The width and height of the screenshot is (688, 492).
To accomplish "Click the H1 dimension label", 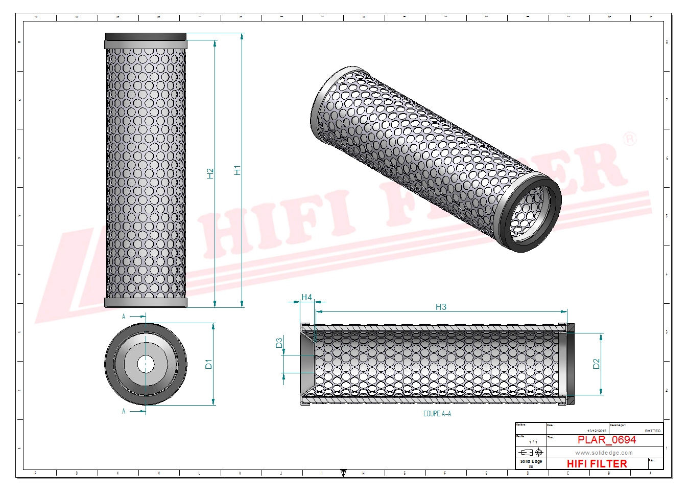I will coord(237,170).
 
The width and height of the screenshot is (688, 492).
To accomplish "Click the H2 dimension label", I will coord(210,173).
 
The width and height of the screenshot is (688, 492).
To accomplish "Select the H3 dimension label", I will coord(441,307).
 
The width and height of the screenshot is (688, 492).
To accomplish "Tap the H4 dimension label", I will coord(306,297).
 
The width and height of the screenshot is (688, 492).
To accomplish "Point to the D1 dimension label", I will coord(208,364).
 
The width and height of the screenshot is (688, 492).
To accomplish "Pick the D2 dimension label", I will coord(596,364).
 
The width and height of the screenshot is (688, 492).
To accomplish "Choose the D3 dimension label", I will coord(279,343).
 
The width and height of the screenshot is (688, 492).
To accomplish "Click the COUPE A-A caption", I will coord(437,414).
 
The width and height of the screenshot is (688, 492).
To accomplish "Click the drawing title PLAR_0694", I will coord(606,440).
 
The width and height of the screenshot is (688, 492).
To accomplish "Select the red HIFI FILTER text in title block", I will coord(597,464).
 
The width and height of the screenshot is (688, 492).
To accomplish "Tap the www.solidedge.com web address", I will coord(604,453).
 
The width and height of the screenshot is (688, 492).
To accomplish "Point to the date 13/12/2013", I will coord(597,431).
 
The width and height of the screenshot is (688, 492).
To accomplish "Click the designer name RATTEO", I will coord(652,431).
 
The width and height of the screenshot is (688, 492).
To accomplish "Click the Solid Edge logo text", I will coord(531,461).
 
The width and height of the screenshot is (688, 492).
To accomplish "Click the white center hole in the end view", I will coord(146,364).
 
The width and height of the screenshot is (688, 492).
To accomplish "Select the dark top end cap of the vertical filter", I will coord(146,37).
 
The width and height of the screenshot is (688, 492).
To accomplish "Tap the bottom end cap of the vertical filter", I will coord(146,303).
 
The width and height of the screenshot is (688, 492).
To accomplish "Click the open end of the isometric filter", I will coord(529,212).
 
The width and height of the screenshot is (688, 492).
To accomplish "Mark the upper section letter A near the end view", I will coord(124,317).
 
